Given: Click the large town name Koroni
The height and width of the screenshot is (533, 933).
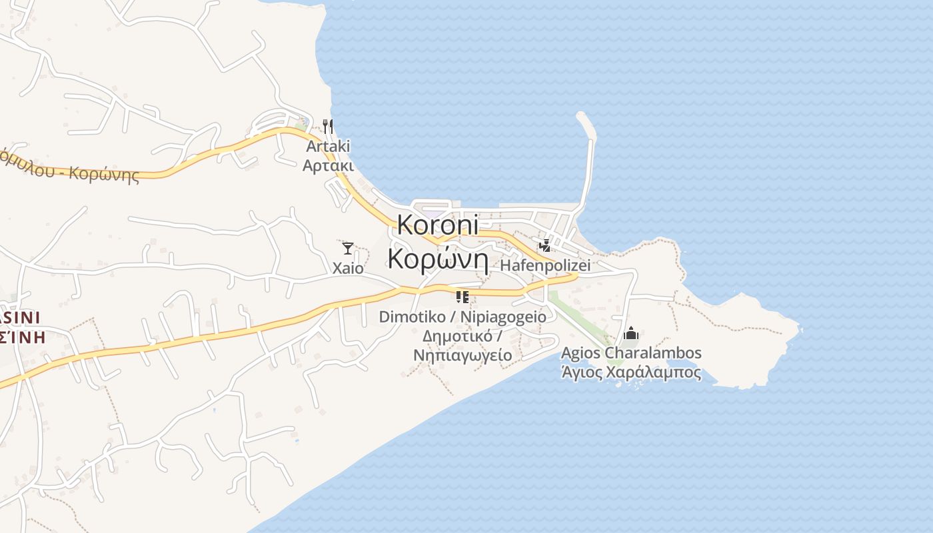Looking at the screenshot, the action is point(438,225).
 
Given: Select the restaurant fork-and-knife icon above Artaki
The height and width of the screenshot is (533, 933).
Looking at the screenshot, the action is point(327,126).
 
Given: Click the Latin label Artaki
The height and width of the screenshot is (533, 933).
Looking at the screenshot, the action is point(327,146).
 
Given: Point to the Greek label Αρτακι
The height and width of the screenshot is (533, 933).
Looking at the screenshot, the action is point(327,165).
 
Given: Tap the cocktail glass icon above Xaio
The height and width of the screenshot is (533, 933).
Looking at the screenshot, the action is point(347,249).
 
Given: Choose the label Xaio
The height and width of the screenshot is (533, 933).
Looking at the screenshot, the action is point(348,268).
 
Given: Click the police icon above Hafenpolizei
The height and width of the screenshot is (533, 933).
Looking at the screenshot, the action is point(545,246).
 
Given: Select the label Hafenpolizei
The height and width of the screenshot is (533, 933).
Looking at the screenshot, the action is point(545,265).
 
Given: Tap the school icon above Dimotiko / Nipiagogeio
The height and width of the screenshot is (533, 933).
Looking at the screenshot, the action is point(463,296).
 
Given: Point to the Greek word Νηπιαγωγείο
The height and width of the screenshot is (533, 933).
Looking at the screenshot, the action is point(463,355).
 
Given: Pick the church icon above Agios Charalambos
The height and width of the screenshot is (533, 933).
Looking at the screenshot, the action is point(630,333).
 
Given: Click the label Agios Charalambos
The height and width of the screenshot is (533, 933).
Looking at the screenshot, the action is point(631,352).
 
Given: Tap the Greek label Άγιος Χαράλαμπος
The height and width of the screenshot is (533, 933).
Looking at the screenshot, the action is point(631,372).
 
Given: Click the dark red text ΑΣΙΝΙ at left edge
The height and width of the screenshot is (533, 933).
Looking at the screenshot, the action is point(20,317).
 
